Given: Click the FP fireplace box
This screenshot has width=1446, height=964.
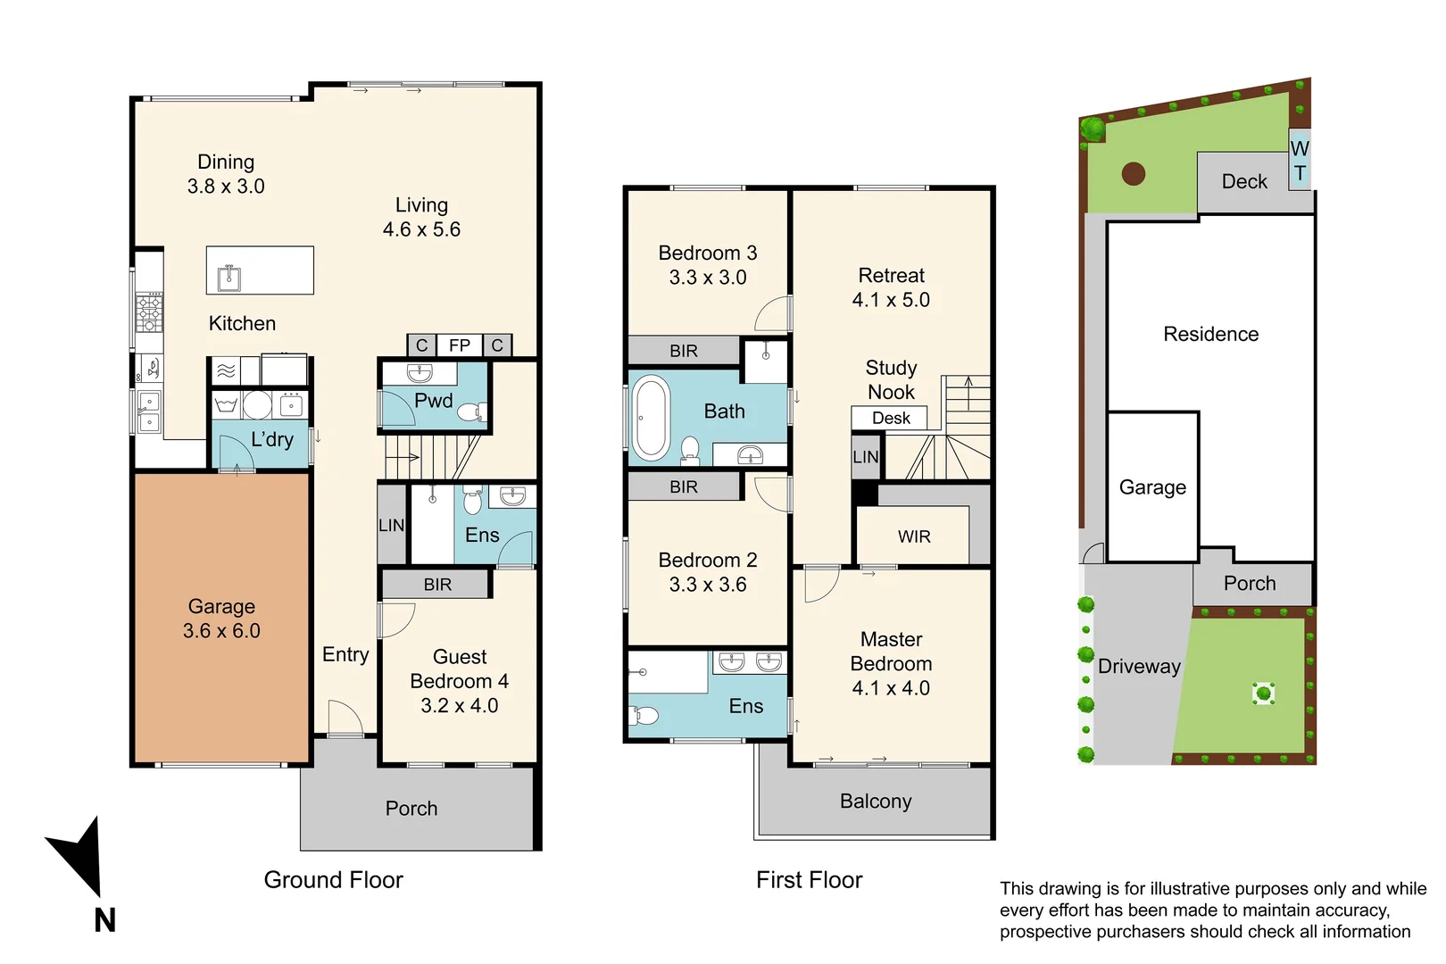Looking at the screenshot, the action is [x=459, y=345].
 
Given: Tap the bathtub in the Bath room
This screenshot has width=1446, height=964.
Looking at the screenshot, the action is [x=651, y=418].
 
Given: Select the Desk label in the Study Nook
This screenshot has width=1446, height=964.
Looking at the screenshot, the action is [x=891, y=418].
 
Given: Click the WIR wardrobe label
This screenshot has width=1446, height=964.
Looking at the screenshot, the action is [x=914, y=536].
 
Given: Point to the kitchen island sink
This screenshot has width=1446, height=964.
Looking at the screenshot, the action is [x=229, y=278].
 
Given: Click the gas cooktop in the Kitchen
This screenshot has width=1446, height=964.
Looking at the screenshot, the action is [x=149, y=312].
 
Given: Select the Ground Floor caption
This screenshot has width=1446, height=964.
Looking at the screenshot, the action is [x=333, y=880].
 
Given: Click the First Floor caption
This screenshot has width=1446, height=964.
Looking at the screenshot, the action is [x=809, y=880].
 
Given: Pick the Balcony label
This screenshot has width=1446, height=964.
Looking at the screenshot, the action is [x=876, y=802].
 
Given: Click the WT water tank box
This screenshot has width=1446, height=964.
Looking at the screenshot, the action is [x=1300, y=160].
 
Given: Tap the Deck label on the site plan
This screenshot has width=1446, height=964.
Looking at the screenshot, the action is [x=1244, y=181].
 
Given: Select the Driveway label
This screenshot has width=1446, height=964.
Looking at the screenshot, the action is [x=1139, y=667].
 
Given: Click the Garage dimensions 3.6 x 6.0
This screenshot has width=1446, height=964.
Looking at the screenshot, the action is [x=221, y=631].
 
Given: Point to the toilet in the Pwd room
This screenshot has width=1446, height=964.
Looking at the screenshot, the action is [x=472, y=411].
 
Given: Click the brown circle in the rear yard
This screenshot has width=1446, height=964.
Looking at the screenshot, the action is [x=1134, y=174].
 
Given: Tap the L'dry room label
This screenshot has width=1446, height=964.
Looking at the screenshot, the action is [x=271, y=440].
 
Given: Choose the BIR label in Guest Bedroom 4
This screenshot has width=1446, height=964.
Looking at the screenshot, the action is [x=437, y=585].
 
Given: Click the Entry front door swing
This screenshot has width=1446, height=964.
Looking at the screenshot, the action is [x=346, y=716].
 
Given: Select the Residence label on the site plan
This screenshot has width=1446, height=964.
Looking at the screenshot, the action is [x=1210, y=334].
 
